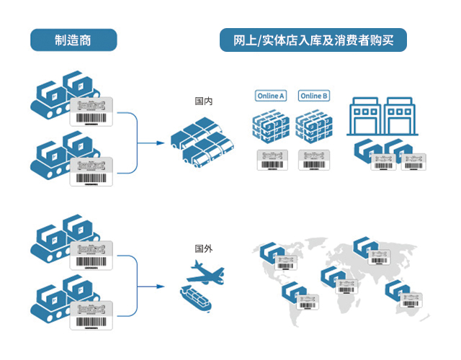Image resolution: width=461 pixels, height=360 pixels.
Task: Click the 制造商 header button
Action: tap(73, 40)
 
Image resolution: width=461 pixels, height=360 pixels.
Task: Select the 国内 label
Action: tap(204, 102)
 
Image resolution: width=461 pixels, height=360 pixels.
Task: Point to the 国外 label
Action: tap(204, 248)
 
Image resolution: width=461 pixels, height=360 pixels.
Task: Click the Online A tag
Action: tap(271, 96)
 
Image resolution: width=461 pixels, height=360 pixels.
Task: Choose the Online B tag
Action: tap(314, 96)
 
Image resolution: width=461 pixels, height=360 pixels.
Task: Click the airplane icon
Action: tap(204, 273)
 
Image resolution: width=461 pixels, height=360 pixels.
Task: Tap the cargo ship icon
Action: tap(195, 297)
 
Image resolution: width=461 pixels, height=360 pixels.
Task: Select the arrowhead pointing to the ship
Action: tap(162, 287)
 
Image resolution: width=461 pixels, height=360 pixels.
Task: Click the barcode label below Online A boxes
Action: tap(271, 160)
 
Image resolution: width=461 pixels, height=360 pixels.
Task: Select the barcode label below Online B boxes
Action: tap(314, 160)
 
